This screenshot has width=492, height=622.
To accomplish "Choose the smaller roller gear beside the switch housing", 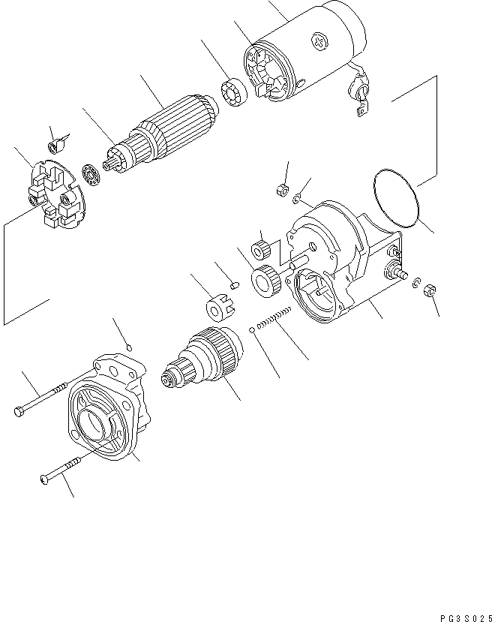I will click(262, 248).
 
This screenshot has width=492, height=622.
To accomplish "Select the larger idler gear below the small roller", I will click(268, 278).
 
